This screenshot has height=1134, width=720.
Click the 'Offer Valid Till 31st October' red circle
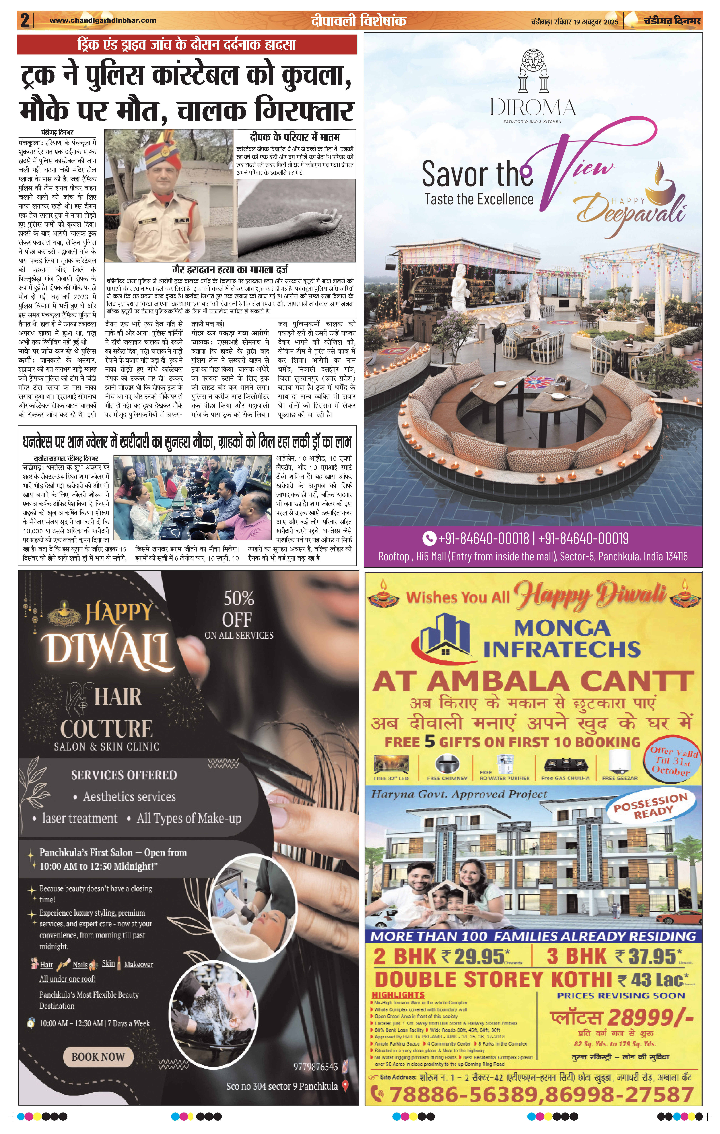coord(671,761)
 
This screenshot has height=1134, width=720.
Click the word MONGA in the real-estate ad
coord(562,628)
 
